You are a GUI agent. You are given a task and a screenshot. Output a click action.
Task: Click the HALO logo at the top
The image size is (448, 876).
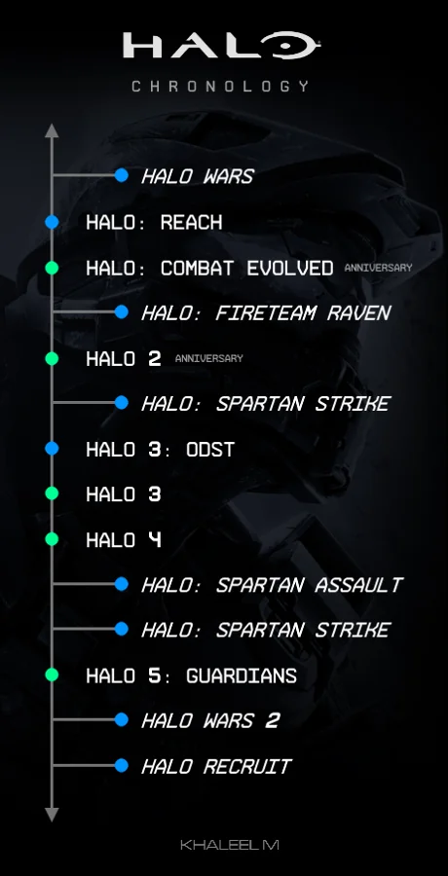click(x=221, y=46)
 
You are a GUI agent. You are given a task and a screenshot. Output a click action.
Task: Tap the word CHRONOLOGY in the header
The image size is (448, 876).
click(x=221, y=86)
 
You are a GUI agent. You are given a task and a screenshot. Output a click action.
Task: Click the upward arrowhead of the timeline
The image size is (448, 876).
click(x=53, y=129)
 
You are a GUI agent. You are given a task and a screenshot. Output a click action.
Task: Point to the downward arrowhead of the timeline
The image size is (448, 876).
click(x=53, y=814)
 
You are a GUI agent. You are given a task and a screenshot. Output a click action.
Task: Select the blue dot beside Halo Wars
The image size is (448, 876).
click(x=122, y=176)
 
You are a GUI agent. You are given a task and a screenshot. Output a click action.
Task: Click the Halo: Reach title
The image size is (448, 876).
click(x=154, y=222)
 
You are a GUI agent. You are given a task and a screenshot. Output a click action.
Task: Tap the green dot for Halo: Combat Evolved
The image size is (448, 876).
click(x=53, y=268)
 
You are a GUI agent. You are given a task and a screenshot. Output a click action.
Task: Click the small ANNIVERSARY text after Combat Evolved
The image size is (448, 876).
click(x=378, y=268)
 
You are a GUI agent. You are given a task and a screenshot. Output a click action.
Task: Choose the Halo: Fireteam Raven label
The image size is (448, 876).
click(x=266, y=312)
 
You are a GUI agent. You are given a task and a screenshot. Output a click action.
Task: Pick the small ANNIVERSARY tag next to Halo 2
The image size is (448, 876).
click(x=208, y=358)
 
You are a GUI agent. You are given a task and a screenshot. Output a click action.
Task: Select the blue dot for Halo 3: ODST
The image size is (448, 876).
click(x=53, y=449)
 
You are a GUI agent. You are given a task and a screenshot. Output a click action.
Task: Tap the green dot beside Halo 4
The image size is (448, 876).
click(x=53, y=539)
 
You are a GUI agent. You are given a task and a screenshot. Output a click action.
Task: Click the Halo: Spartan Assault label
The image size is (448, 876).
click(x=272, y=585)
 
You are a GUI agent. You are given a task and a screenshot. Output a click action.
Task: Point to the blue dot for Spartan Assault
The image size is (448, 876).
click(x=122, y=584)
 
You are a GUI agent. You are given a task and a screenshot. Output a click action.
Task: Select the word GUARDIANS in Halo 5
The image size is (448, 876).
click(x=242, y=675)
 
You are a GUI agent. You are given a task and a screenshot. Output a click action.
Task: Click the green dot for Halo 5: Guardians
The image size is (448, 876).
click(x=53, y=675)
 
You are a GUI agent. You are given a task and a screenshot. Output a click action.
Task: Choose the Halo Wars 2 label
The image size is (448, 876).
click(x=210, y=720)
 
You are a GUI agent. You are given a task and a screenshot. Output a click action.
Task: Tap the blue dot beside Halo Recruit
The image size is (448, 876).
click(x=122, y=765)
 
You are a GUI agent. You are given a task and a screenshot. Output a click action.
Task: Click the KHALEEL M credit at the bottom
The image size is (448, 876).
click(x=230, y=845)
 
